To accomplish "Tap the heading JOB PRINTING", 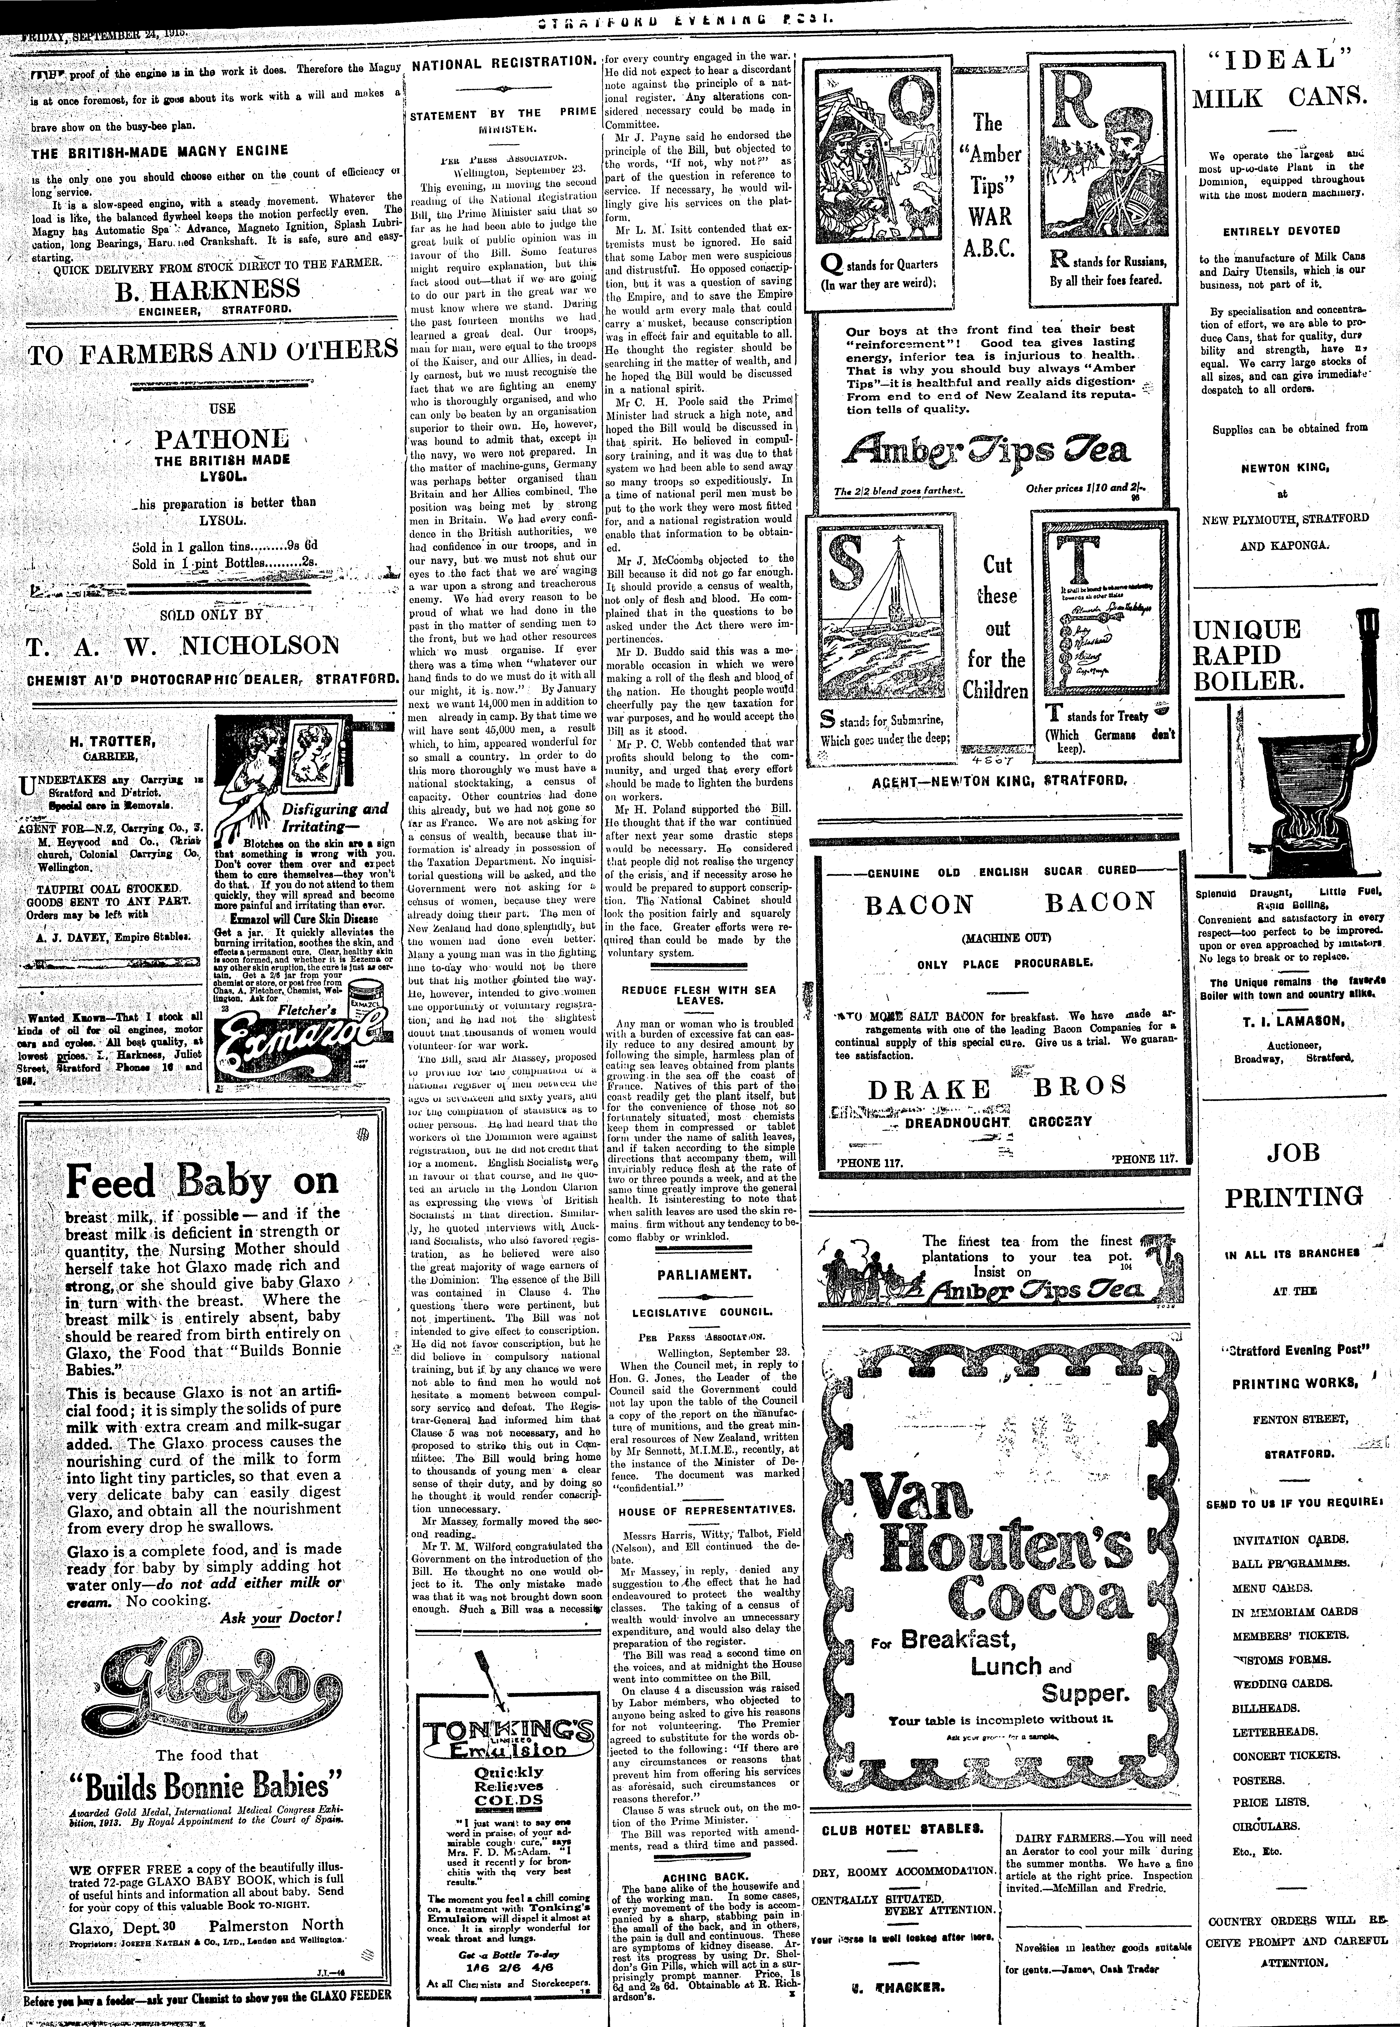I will pyautogui.click(x=1294, y=1175).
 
